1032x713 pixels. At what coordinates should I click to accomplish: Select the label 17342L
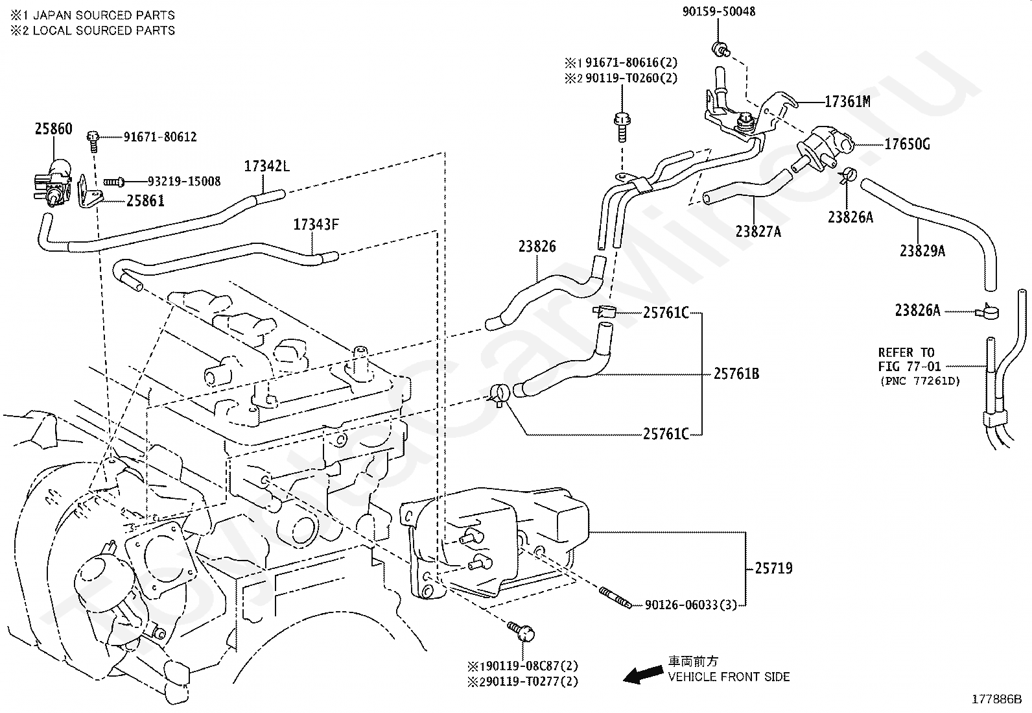point(266,166)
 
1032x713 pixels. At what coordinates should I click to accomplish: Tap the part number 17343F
point(316,225)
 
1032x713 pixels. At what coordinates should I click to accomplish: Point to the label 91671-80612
point(160,137)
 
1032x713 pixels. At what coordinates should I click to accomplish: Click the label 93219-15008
point(183,182)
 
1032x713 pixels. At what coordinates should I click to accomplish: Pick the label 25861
point(145,201)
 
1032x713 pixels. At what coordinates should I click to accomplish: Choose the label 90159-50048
point(719,12)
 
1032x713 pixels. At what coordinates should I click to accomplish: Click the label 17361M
point(847,102)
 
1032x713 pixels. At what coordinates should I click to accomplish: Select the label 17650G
point(907,144)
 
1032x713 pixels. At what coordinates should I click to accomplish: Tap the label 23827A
point(758,230)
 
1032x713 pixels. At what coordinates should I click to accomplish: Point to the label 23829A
point(922,251)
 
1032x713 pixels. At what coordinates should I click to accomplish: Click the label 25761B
point(736,374)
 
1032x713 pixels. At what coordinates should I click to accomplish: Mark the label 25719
point(773,568)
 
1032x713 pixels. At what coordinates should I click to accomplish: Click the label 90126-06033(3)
point(691,605)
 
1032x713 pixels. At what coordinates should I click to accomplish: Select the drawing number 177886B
point(996,699)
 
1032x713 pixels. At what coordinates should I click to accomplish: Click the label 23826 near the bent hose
point(537,247)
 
